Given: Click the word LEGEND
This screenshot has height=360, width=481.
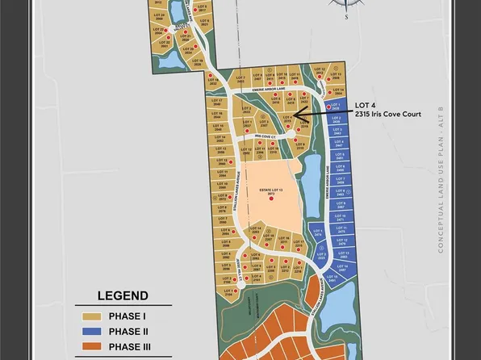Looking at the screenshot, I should [x=123, y=295].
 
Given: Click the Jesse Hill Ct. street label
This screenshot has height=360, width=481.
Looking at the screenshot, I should [x=240, y=277].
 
